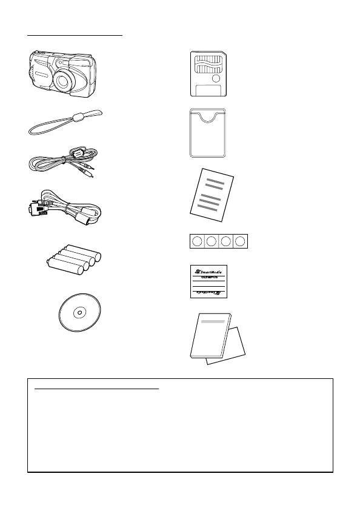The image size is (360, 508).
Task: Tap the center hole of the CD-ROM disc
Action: point(80,313)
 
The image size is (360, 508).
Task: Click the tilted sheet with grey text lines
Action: point(210,192)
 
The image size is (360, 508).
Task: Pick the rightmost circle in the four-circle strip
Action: point(240,242)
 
